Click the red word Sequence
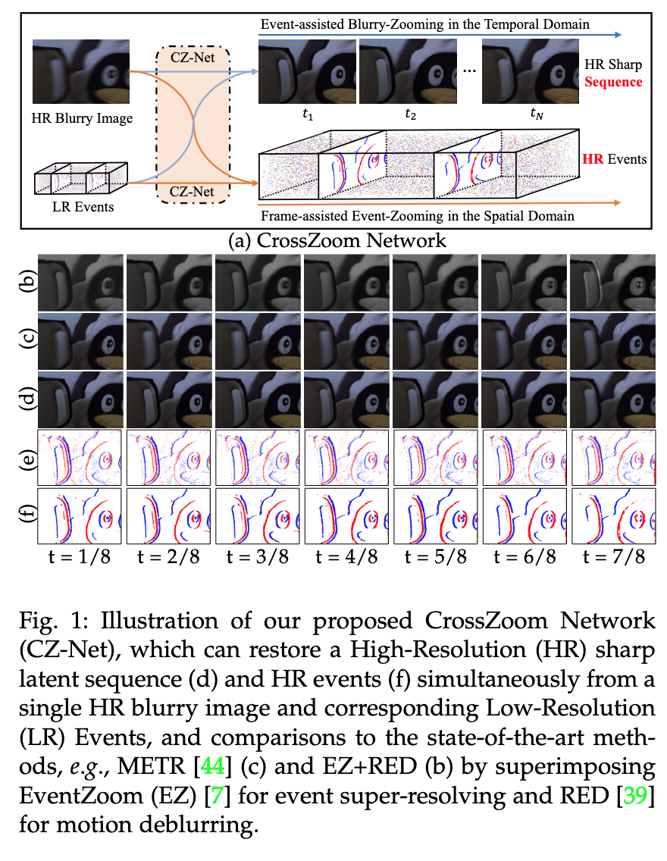(618, 82)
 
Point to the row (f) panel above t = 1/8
(80, 515)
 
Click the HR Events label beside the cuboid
(615, 159)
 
